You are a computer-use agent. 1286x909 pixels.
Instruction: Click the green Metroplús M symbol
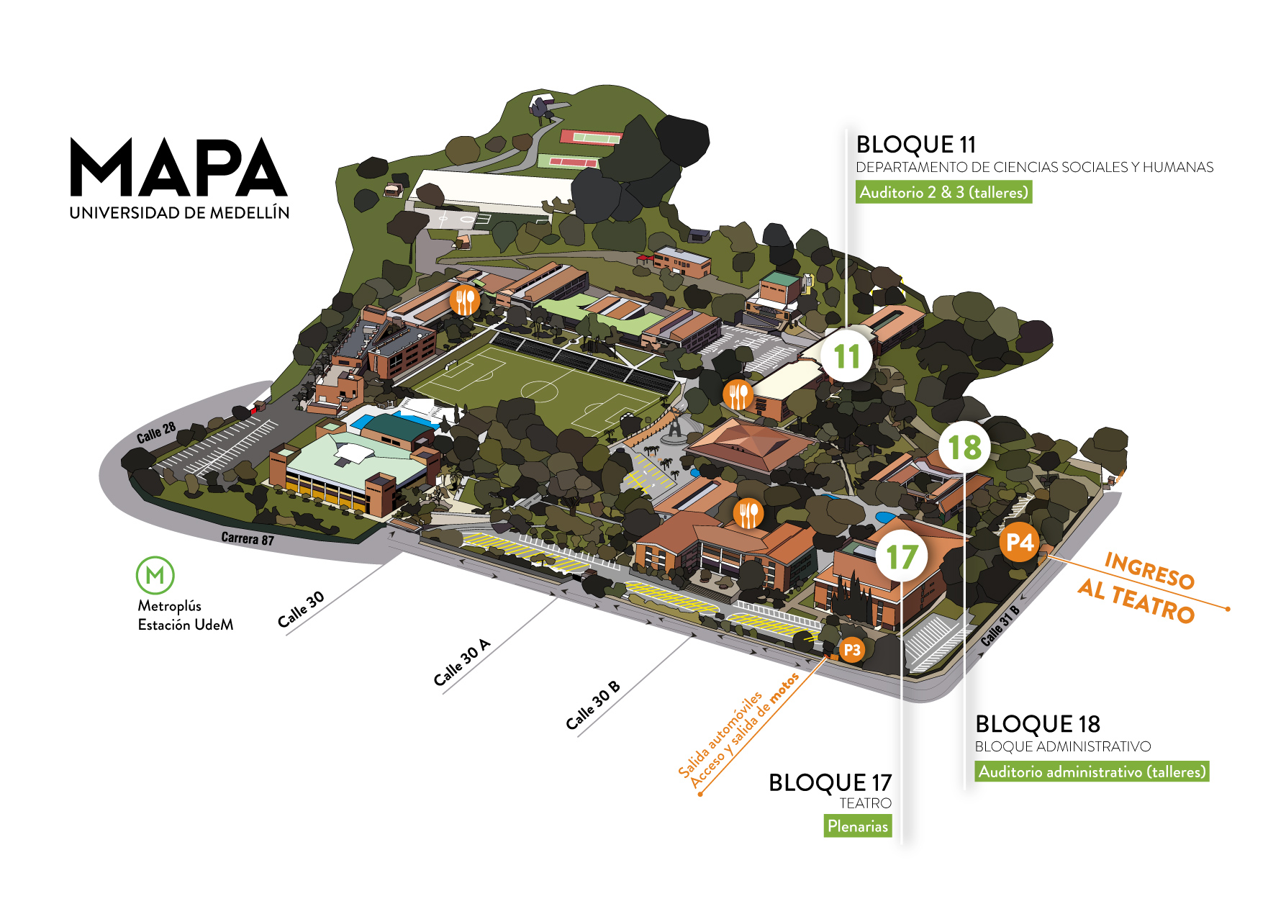click(155, 575)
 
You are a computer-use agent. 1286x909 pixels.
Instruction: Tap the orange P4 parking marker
click(1019, 542)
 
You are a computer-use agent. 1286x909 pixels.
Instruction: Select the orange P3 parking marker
click(851, 651)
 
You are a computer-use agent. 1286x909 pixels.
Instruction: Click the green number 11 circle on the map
click(846, 356)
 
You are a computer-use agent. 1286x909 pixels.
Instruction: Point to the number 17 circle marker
click(901, 557)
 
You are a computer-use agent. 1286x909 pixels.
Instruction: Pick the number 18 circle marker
click(964, 448)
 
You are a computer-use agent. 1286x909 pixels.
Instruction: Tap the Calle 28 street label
click(156, 433)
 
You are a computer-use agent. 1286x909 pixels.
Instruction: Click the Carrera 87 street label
click(247, 538)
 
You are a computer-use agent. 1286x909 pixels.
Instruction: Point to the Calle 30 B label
click(592, 705)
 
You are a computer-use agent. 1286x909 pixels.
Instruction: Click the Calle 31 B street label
click(1000, 625)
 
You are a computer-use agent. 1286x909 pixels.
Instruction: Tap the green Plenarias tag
click(857, 826)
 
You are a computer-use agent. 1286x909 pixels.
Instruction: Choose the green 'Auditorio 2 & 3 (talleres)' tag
click(943, 192)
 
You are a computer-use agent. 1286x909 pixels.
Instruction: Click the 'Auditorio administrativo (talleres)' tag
click(1092, 772)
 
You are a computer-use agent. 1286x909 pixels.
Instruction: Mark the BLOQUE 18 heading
click(1037, 724)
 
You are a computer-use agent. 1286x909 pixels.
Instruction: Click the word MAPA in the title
click(178, 168)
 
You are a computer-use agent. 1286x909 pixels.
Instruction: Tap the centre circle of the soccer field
click(539, 391)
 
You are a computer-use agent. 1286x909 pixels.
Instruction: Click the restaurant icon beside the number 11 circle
click(738, 394)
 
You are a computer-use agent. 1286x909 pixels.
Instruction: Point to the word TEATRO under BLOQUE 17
click(865, 803)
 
